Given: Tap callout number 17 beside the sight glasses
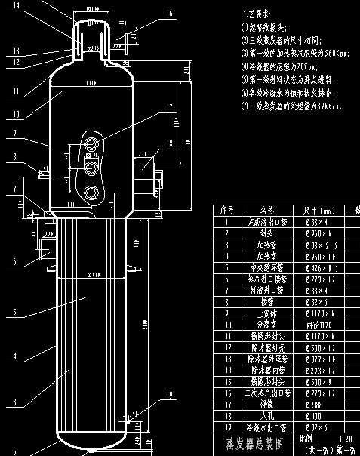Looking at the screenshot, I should pyautogui.click(x=168, y=107).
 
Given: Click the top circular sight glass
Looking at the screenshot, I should pyautogui.click(x=92, y=143).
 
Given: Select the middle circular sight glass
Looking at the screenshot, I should pyautogui.click(x=92, y=165).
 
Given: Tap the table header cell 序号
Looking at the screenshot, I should pyautogui.click(x=226, y=211).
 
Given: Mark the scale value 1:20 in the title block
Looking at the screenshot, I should pyautogui.click(x=346, y=438).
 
